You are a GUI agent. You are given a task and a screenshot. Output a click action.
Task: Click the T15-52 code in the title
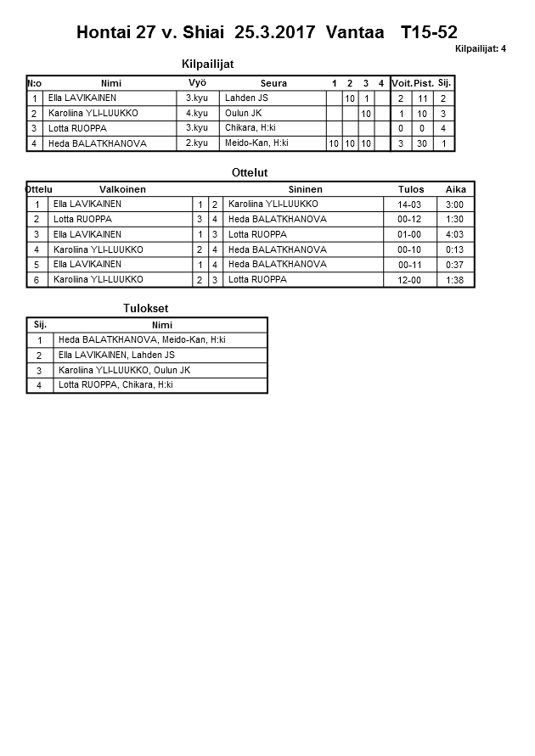[x=429, y=33]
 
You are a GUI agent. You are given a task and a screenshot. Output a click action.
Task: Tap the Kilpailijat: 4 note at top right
[x=480, y=49]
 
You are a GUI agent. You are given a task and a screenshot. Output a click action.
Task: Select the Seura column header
[x=273, y=83]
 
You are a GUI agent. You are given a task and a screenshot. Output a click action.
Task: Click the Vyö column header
[x=197, y=83]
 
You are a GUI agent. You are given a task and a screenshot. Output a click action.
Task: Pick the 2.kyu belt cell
[x=197, y=143]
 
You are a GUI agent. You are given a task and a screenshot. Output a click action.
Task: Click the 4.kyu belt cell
[x=197, y=113]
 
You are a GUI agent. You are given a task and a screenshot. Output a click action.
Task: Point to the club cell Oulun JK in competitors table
[x=244, y=113]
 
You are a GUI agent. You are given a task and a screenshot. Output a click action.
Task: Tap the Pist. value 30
[x=424, y=143]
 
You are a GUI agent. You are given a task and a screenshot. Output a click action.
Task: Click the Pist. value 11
[x=424, y=98]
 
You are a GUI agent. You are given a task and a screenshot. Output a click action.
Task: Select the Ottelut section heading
[x=250, y=173]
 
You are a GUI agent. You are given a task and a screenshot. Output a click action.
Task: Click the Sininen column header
[x=305, y=189]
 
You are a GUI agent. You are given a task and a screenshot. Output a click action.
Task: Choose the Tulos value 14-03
[x=410, y=204]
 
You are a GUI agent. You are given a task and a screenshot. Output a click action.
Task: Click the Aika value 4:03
[x=454, y=234]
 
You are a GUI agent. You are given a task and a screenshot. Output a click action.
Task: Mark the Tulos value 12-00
[x=410, y=280]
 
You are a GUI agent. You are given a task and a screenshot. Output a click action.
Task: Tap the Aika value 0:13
[x=454, y=249]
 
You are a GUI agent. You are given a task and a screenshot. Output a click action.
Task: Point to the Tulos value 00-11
[x=410, y=265]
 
